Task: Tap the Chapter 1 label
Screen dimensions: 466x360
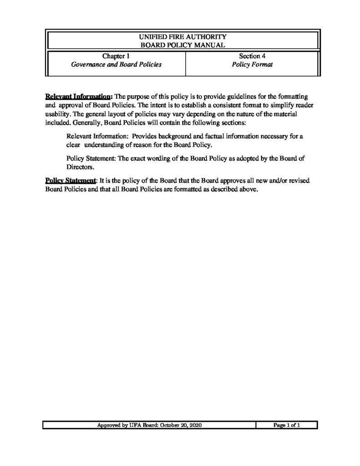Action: [x=116, y=56]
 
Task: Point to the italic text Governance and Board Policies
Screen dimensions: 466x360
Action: [x=116, y=65]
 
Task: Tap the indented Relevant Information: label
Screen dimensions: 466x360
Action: [x=95, y=137]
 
